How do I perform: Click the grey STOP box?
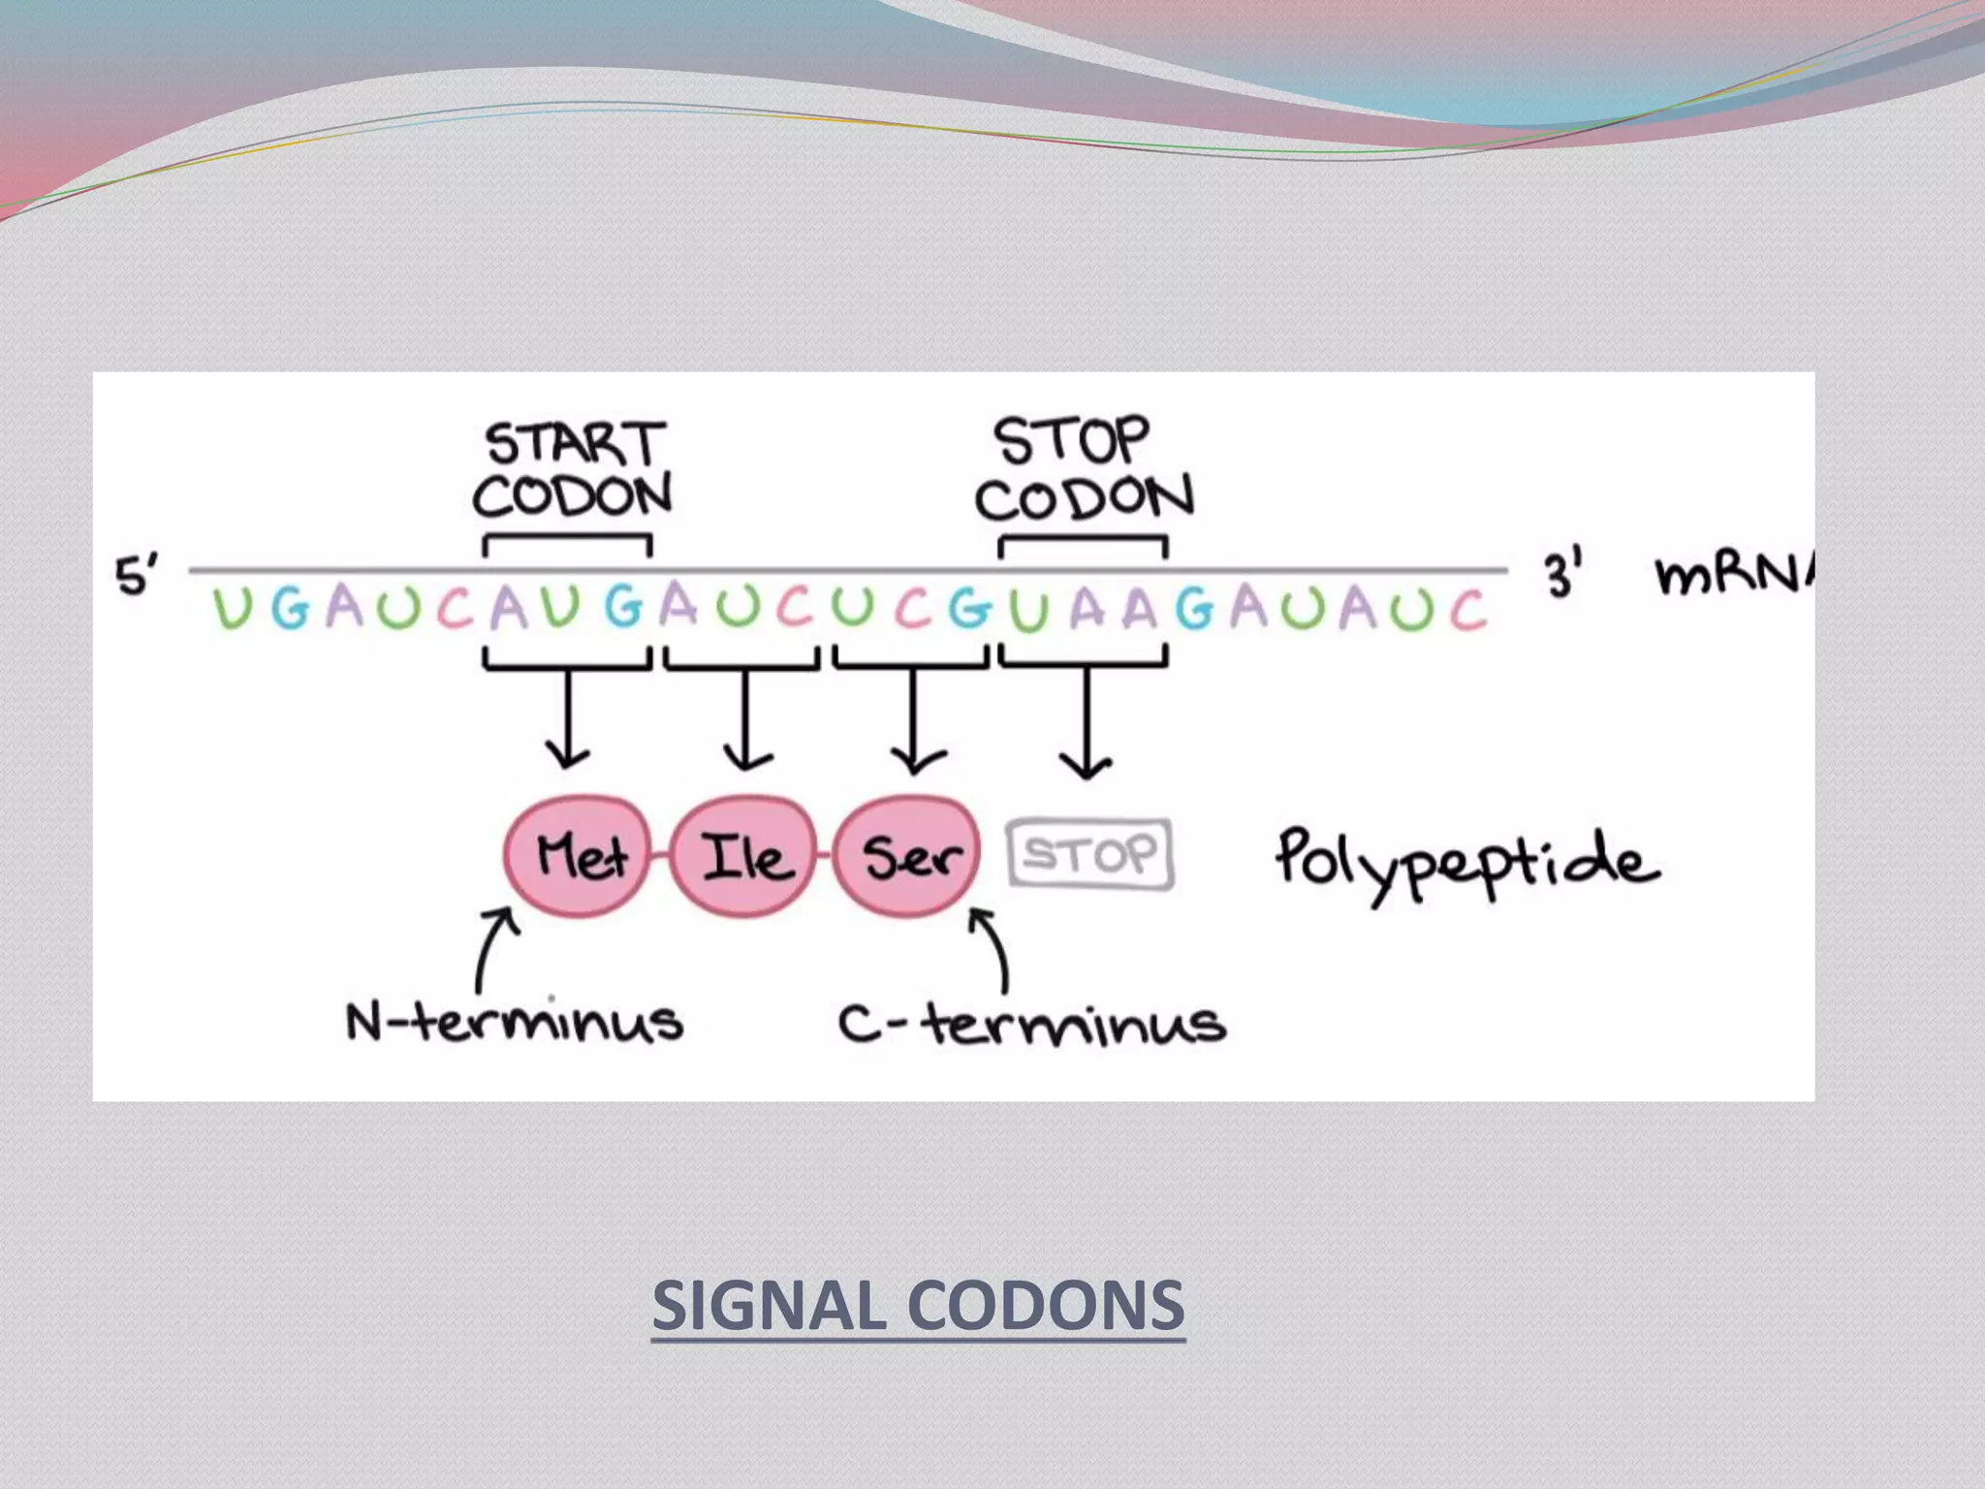point(1089,854)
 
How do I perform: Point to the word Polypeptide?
point(1465,861)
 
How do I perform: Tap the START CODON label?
point(573,470)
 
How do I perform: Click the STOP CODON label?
point(1083,470)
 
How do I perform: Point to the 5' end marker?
point(136,576)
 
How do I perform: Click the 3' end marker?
point(1563,573)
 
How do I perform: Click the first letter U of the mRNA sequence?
point(232,610)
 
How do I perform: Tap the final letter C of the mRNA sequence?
point(1469,610)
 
